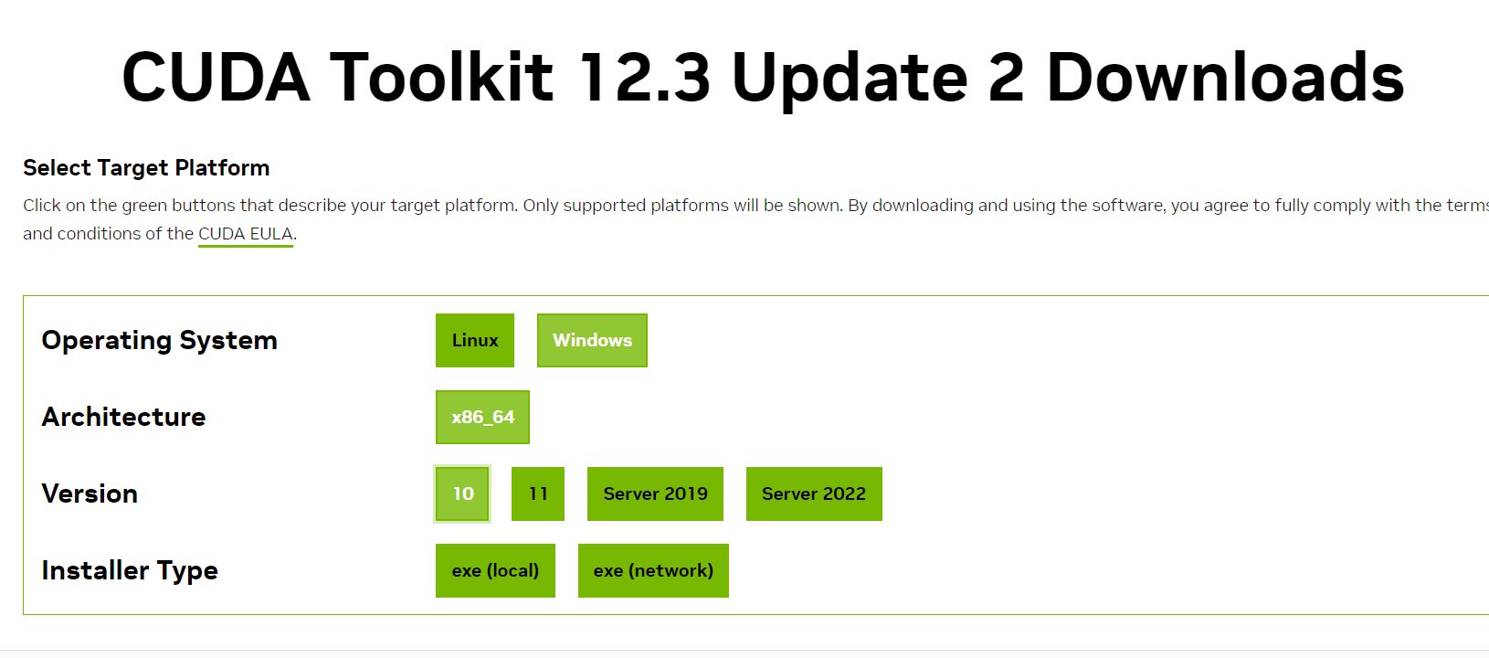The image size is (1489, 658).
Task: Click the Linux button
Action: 475,340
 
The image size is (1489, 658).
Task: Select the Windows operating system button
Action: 592,340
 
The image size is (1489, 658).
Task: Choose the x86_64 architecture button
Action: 482,417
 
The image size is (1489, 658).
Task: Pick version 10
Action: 462,493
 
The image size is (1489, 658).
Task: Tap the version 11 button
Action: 538,493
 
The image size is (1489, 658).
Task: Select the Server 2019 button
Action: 655,493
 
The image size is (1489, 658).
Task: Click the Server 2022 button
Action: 814,493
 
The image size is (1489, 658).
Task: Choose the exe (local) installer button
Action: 495,570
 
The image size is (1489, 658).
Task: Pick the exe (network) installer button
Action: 653,570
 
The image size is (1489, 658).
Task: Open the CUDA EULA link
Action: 246,234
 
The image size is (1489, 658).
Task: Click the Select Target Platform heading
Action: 146,168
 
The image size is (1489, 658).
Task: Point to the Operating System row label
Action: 160,340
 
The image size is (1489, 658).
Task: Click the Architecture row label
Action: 124,417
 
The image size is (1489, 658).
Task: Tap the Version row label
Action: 90,493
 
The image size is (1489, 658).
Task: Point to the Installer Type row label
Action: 130,570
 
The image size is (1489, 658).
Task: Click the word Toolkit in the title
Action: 442,77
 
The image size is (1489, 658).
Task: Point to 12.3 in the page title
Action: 645,77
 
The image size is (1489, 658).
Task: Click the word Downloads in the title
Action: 1225,77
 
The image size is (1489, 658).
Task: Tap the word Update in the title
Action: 850,77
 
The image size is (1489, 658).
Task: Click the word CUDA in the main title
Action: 216,77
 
